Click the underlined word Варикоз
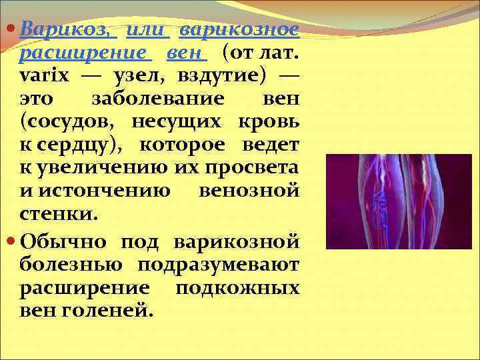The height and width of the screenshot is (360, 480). [x=65, y=31]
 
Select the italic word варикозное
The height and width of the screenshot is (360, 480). [x=239, y=31]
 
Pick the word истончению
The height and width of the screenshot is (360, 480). [x=100, y=192]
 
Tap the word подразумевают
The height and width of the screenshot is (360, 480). [x=219, y=263]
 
